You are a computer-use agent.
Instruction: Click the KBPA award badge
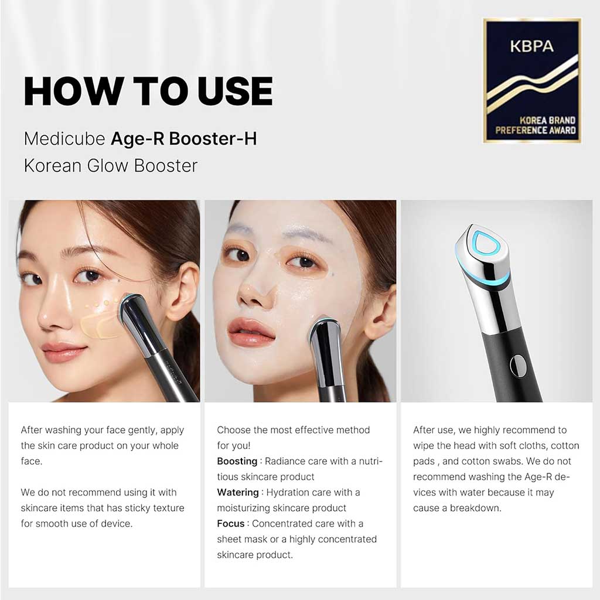531,80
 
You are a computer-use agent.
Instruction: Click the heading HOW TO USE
148,91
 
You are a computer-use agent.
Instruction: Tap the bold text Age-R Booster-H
183,139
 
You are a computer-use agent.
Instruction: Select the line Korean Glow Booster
110,166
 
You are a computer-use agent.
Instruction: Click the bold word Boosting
237,461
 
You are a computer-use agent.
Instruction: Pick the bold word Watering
237,492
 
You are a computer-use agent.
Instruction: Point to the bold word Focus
231,523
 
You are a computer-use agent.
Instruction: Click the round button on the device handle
517,364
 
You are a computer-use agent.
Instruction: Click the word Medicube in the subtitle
64,139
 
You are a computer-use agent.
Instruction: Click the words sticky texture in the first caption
154,508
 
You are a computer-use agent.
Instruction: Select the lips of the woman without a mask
64,352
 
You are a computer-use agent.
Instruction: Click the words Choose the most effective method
293,430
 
